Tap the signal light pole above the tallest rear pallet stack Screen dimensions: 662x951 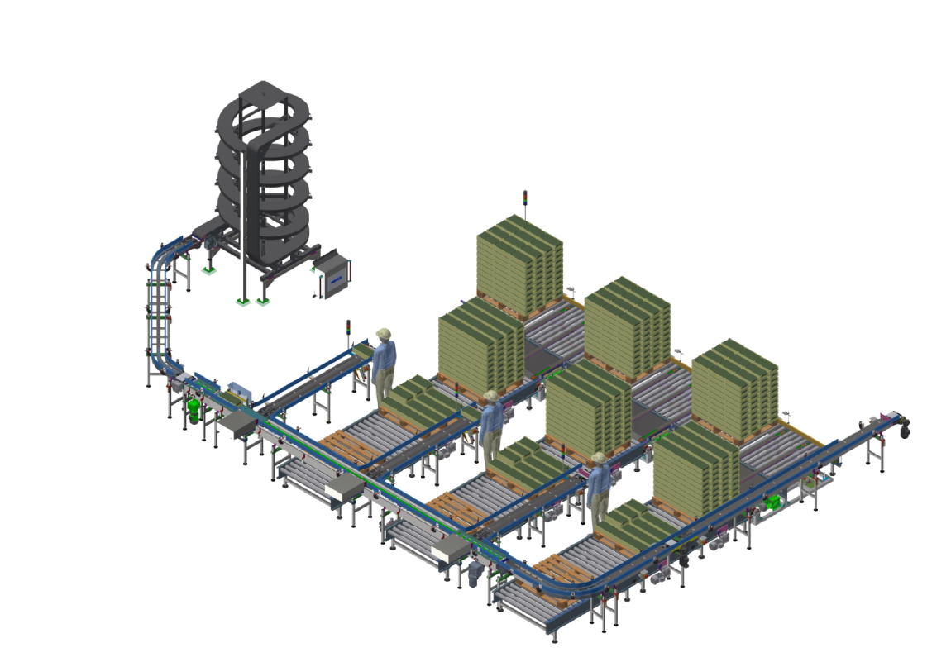coord(524,203)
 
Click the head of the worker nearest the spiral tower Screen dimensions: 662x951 coord(384,336)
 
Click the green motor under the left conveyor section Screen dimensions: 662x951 coord(195,410)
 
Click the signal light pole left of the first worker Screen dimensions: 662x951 coord(348,331)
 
